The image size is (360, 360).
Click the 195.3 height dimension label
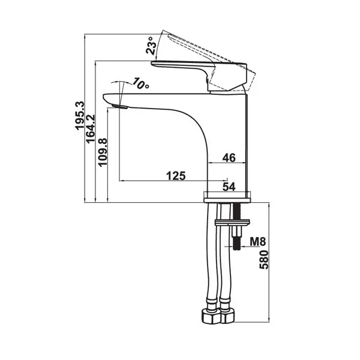click(x=80, y=116)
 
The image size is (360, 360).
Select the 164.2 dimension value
click(x=91, y=129)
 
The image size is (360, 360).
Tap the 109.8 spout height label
click(x=103, y=152)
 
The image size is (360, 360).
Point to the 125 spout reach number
click(x=176, y=176)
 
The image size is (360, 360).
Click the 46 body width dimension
click(x=229, y=158)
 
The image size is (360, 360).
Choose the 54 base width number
click(x=229, y=187)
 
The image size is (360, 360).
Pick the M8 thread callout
click(x=257, y=242)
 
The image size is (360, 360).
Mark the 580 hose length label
click(x=264, y=260)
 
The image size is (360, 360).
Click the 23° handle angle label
click(x=152, y=46)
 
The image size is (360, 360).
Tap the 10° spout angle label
click(x=141, y=83)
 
